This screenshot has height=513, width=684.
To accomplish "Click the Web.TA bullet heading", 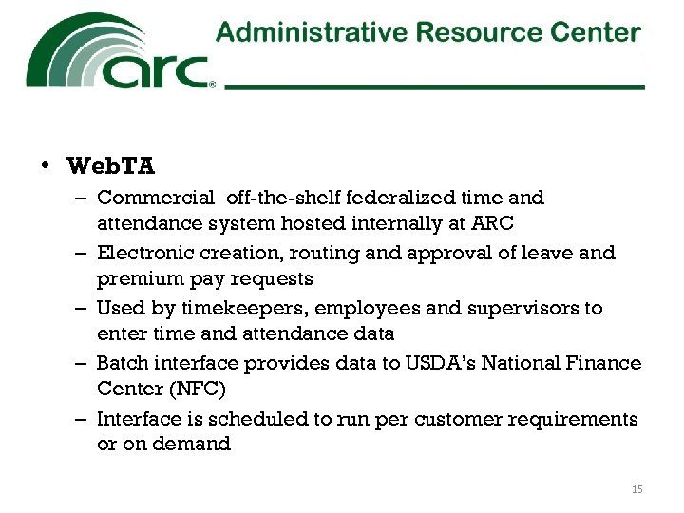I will point(111,166).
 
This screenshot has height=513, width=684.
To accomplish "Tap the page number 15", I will point(636,489).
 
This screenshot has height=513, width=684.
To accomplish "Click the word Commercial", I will point(156,198).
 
